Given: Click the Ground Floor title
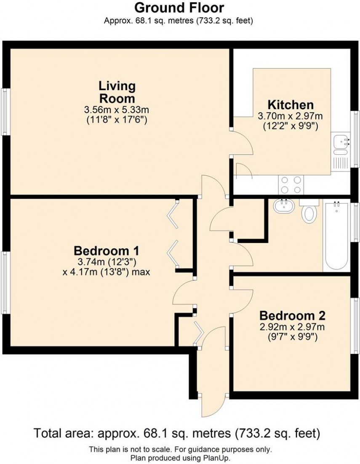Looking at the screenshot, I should pos(179,8).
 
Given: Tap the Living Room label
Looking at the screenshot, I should pos(117,92).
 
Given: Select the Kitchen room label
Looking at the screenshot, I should pos(291,105).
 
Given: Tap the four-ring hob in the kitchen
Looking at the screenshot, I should pos(291,184).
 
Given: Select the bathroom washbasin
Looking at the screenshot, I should pos(284,207).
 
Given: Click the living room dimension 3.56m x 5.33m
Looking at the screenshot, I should pos(117,110).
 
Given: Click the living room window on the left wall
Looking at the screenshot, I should pos(5,112).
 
